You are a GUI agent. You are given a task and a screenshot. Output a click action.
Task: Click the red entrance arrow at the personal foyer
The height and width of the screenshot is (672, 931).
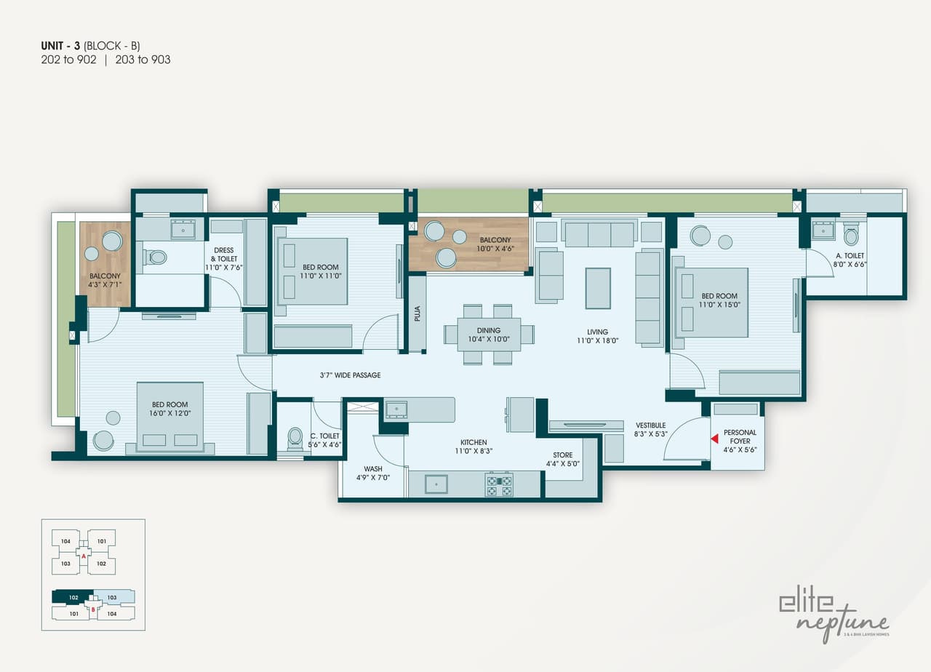coord(714,439)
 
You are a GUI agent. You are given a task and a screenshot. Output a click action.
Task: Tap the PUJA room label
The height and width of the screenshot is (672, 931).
coord(417,313)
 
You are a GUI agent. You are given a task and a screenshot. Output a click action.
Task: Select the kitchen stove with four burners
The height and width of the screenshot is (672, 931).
coord(499,484)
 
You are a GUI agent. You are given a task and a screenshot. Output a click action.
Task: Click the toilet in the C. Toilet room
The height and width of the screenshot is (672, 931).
coord(295,437)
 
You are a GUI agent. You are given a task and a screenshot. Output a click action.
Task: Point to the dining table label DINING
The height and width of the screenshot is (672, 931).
coord(489,331)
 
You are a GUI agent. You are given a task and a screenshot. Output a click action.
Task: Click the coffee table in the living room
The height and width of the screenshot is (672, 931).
coord(598,288)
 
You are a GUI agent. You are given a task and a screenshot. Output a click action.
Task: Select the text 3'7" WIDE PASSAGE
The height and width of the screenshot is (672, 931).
coord(350,375)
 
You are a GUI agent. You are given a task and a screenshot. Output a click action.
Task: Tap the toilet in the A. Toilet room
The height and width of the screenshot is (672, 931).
coord(851,234)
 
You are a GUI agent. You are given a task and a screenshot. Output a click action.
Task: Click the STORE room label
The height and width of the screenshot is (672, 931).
coord(562,455)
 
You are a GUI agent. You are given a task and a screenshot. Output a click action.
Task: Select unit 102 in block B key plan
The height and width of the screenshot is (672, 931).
coord(73,597)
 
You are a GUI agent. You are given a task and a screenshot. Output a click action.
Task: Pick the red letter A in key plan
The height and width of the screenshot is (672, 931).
coord(84,556)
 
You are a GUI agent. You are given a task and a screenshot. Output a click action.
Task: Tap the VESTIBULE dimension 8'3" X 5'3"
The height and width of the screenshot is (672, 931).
coord(650,435)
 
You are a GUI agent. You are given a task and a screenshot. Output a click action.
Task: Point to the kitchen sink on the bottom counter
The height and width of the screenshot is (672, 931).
coord(436,484)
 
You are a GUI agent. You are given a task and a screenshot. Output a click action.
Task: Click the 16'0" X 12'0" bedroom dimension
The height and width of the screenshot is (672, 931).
coord(169,413)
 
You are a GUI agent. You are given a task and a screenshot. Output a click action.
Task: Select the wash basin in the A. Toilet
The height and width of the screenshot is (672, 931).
coord(823,231)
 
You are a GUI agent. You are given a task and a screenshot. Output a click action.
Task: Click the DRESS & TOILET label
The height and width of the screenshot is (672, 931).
coord(224,255)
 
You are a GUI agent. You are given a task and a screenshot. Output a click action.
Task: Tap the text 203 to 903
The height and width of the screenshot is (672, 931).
coord(142,60)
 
